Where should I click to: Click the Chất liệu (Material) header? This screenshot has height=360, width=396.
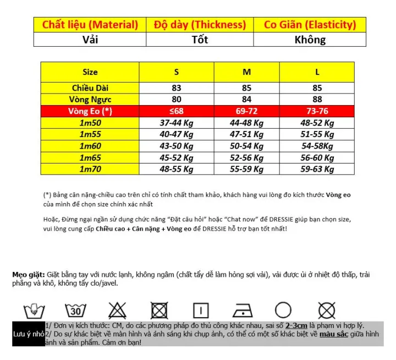coord(90,25)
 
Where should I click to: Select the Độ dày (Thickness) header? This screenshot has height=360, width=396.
coord(200,25)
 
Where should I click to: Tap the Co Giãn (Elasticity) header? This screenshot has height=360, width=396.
coord(310,25)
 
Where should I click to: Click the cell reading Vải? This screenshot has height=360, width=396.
coord(90,40)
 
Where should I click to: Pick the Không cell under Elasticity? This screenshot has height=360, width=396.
coord(310,40)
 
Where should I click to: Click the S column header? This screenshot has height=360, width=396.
coord(177,72)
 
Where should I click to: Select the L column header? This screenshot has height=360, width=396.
coord(317,72)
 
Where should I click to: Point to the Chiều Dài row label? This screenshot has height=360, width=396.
coord(91,88)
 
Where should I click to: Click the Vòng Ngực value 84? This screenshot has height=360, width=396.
coord(246,100)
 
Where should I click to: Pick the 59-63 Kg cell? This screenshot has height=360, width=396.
coord(317,170)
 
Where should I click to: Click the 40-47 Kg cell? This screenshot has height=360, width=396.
coord(177,135)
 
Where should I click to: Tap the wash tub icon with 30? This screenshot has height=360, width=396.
coord(75,309)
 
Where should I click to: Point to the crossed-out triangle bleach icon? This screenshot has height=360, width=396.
coord(118,309)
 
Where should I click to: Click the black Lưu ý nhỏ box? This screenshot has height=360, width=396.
coord(28,335)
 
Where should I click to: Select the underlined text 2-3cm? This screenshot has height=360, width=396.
coord(300,325)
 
